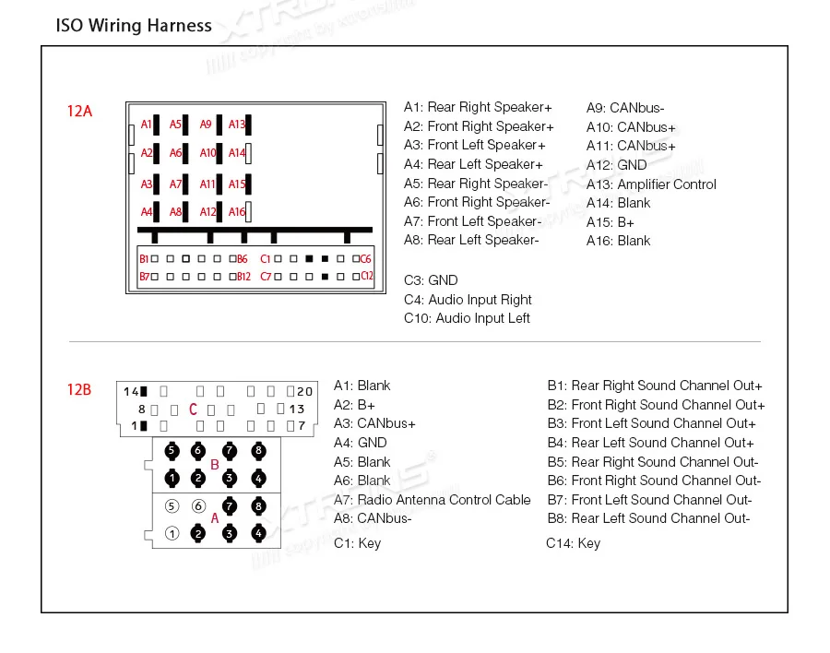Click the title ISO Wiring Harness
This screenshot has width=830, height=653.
[x=135, y=26]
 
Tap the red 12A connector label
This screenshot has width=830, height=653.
[x=79, y=112]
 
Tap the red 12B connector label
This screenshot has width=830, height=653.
[x=79, y=389]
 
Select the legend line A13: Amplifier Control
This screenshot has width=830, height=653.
[x=651, y=184]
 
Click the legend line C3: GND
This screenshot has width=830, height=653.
[x=431, y=280]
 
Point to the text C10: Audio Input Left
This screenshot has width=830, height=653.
[x=467, y=318]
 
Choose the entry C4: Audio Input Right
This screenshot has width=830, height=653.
[x=468, y=300]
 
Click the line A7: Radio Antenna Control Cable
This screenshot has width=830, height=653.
[x=432, y=500]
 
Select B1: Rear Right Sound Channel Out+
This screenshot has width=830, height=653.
[x=655, y=386]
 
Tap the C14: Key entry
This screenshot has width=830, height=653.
[x=573, y=543]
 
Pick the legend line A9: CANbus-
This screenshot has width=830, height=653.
[x=625, y=108]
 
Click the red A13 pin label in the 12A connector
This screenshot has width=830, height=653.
[x=237, y=125]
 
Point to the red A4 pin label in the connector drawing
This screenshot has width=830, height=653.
[x=147, y=212]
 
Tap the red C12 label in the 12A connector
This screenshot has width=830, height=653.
[x=366, y=276]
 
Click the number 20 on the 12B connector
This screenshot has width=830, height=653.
[x=305, y=391]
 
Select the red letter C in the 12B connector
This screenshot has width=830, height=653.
[x=194, y=410]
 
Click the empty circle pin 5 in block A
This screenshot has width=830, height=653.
[x=172, y=505]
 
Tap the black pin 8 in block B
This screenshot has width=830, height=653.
[x=258, y=450]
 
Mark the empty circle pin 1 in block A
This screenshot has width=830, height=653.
[x=172, y=533]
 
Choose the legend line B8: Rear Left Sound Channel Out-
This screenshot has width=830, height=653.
[x=648, y=518]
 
